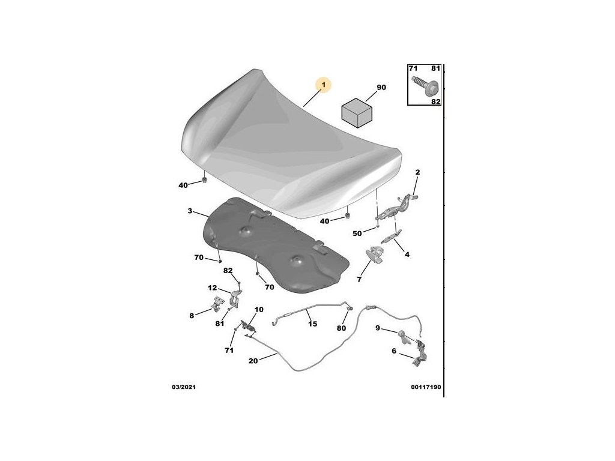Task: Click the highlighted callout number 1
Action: click(323, 86)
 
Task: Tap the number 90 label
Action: click(381, 88)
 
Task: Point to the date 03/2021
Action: click(183, 387)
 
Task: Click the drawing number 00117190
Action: click(426, 387)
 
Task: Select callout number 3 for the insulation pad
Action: click(190, 211)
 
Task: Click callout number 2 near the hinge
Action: click(417, 172)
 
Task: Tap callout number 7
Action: click(359, 279)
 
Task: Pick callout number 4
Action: click(407, 255)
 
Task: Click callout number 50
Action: click(357, 233)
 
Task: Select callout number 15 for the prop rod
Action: click(312, 324)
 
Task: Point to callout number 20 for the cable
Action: click(253, 361)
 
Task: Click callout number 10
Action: click(259, 310)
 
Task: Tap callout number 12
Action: click(213, 288)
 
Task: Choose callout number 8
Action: click(192, 315)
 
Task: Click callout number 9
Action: click(378, 328)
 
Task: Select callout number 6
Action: click(394, 351)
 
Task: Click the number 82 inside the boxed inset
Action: click(435, 102)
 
